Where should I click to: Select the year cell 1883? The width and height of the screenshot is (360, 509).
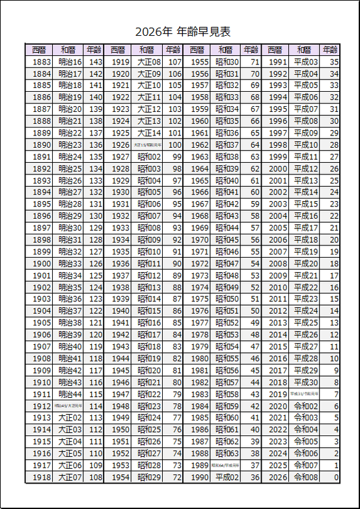click(x=42, y=62)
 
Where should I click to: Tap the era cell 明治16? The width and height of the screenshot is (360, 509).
click(x=70, y=62)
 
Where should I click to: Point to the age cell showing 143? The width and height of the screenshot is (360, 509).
click(x=96, y=62)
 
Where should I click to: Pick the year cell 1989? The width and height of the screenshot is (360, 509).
click(x=199, y=465)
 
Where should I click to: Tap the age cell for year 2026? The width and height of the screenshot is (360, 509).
click(x=335, y=477)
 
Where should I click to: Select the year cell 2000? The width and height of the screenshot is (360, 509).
click(x=277, y=169)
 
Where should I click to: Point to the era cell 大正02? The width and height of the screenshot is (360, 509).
click(x=70, y=418)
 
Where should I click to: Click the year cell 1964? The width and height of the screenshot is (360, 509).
click(x=199, y=169)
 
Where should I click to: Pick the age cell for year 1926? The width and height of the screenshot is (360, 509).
click(x=174, y=145)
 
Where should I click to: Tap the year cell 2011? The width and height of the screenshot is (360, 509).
click(x=277, y=299)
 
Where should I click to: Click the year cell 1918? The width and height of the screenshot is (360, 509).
click(x=42, y=477)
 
